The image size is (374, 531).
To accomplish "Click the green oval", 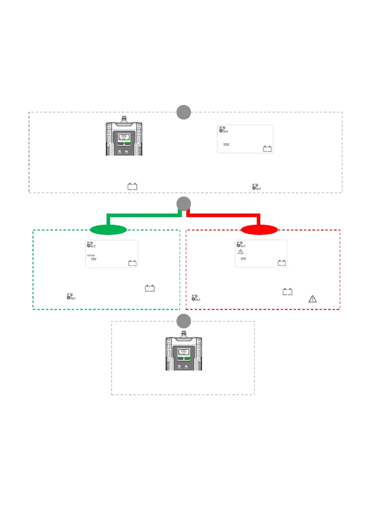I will (x=108, y=230).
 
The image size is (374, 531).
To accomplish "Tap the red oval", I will (x=259, y=230).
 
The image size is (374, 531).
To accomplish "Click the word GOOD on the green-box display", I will (x=90, y=255).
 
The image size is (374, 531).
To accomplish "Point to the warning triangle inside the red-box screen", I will (x=240, y=252).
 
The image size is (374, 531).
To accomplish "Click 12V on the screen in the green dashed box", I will (x=94, y=259).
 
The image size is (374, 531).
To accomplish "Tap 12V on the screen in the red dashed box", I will (x=243, y=259).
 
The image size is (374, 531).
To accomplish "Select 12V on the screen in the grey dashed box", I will (x=226, y=144).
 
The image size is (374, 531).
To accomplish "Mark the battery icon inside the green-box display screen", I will (x=132, y=263).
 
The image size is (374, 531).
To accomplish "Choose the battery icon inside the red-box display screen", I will (x=282, y=263).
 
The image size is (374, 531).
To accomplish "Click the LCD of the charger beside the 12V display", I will (x=124, y=137).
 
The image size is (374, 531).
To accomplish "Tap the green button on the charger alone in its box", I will (x=187, y=358).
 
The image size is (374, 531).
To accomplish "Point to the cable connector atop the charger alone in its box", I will (x=183, y=333).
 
